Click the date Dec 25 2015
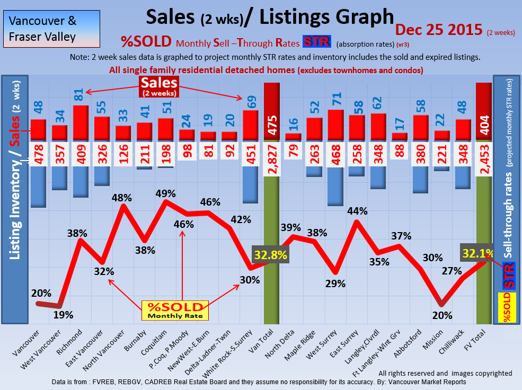[439, 30]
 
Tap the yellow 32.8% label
[271, 254]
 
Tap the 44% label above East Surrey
[357, 211]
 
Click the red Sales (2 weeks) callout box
[159, 86]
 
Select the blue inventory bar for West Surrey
[335, 185]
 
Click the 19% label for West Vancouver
[63, 314]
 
